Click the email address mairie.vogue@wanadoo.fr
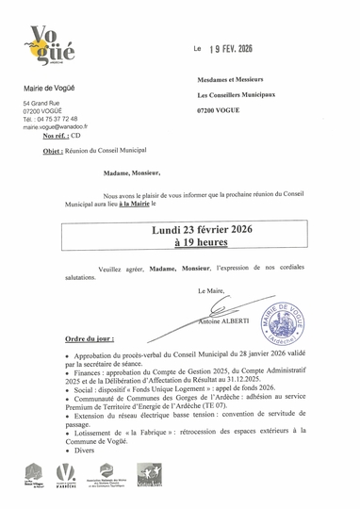point(56,126)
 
